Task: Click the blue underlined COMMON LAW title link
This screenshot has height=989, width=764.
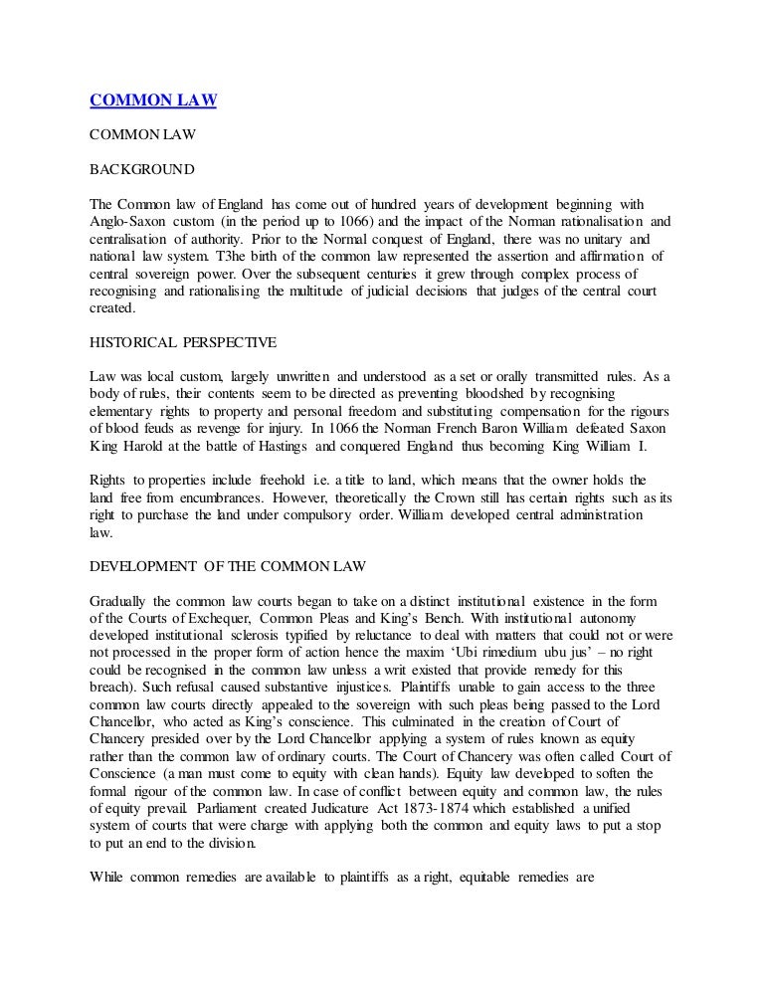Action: [154, 99]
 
